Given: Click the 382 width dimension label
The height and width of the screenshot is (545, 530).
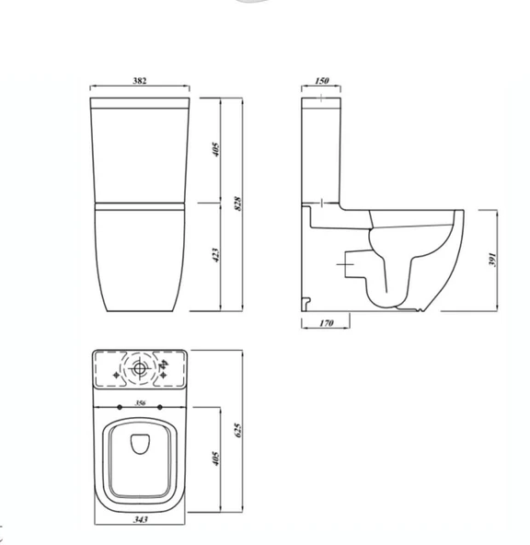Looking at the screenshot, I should (140, 81).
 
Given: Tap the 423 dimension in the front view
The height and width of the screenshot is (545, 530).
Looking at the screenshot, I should (215, 255).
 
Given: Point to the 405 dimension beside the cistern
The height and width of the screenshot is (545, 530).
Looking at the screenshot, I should (215, 149).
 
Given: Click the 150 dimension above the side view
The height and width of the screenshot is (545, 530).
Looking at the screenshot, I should (321, 81).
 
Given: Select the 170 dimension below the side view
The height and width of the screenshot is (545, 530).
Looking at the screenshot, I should (325, 323).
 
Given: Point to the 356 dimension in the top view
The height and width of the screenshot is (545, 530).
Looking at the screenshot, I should (140, 402).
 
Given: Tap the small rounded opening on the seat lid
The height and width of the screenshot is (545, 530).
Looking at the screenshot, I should (141, 444).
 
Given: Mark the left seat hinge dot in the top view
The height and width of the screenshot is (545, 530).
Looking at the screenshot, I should (121, 407).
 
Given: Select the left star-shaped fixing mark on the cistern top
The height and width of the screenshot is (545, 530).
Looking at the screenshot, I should (115, 376).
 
